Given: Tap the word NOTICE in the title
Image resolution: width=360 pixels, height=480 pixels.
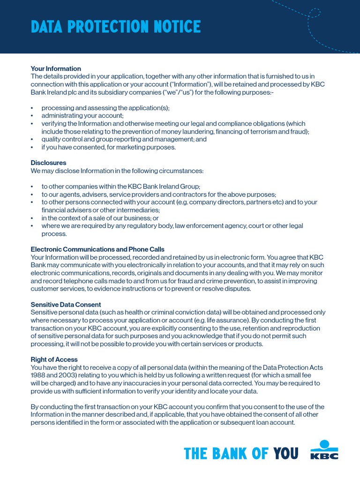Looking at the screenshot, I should [179, 27].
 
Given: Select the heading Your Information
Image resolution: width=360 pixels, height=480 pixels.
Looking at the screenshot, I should [56, 68].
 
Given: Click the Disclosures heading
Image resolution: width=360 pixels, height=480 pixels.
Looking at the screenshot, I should [48, 163].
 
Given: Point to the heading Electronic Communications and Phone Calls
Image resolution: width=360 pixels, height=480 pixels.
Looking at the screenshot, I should [97, 249].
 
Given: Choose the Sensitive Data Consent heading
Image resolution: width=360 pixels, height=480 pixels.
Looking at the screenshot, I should [66, 305].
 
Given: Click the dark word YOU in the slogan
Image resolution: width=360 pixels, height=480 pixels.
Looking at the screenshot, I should [286, 453].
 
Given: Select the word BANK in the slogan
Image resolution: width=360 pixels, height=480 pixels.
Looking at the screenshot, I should [228, 453].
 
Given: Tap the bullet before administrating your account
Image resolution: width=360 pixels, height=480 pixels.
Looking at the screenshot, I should [32, 116].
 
